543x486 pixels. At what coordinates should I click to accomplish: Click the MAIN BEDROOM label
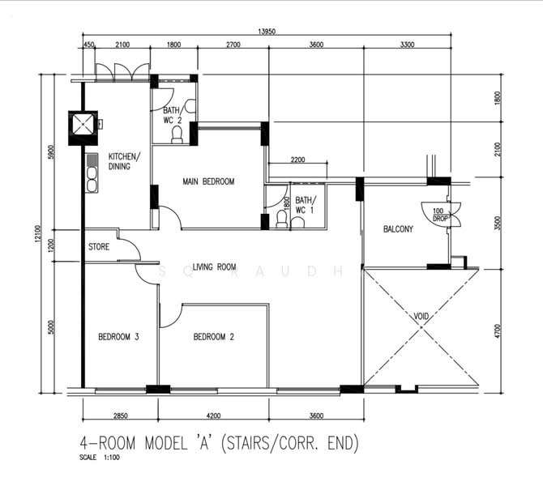pyautogui.click(x=208, y=181)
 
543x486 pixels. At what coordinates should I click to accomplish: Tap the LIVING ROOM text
pyautogui.click(x=214, y=266)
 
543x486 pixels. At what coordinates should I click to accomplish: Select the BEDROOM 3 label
pyautogui.click(x=118, y=337)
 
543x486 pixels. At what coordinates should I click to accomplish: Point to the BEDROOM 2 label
pyautogui.click(x=214, y=337)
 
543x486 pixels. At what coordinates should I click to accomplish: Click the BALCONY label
pyautogui.click(x=398, y=228)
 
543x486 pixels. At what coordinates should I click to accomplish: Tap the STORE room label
pyautogui.click(x=99, y=247)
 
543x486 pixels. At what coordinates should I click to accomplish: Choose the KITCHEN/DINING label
pyautogui.click(x=124, y=161)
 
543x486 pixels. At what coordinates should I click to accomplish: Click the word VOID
pyautogui.click(x=421, y=316)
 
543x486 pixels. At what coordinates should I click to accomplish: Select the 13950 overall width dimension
pyautogui.click(x=267, y=32)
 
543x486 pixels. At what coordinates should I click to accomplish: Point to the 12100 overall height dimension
pyautogui.click(x=38, y=234)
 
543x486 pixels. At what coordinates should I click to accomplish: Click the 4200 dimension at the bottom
pyautogui.click(x=213, y=416)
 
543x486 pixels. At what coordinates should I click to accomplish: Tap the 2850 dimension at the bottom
pyautogui.click(x=121, y=416)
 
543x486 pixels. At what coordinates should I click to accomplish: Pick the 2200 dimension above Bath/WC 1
pyautogui.click(x=297, y=160)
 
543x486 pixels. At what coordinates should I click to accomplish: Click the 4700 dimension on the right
pyautogui.click(x=498, y=331)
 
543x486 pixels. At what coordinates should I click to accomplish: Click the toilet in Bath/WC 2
pyautogui.click(x=177, y=135)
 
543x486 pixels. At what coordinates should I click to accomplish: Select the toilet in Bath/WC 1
pyautogui.click(x=281, y=220)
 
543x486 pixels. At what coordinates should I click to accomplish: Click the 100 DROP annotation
pyautogui.click(x=438, y=215)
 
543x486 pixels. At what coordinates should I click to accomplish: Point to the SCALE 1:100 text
pyautogui.click(x=100, y=458)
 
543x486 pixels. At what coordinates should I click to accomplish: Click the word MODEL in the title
pyautogui.click(x=166, y=443)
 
